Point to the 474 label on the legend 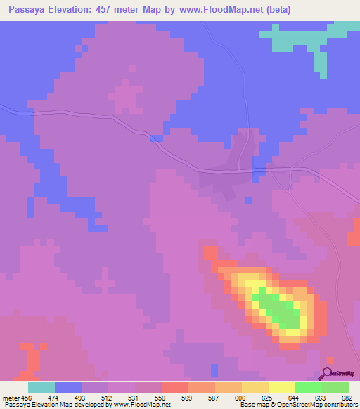click(x=53, y=398)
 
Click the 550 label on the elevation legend click(x=161, y=398)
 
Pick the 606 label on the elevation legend click(x=242, y=398)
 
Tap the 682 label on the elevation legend click(x=347, y=398)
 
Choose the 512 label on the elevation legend click(x=108, y=398)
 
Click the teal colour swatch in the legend click(x=41, y=387)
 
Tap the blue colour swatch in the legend click(x=67, y=387)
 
